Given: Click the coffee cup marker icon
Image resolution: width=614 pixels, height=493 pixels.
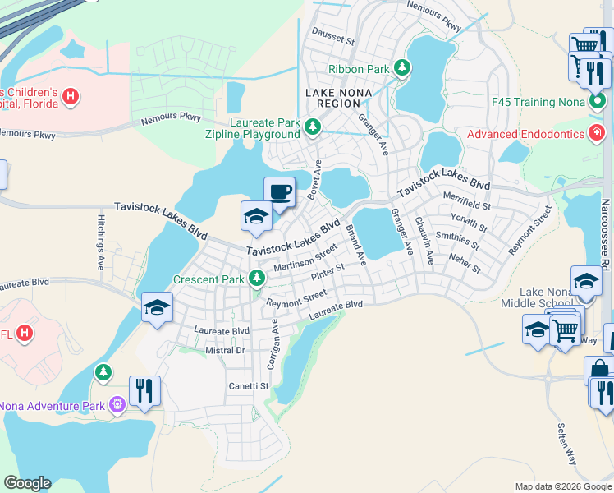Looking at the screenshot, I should pos(279,192).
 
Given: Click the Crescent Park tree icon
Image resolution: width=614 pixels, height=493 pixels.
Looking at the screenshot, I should pos(257,279).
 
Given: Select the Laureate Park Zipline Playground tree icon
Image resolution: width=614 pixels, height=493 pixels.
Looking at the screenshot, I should pos(312,127).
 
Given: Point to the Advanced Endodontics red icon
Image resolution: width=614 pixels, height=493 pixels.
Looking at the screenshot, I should pos(598,133).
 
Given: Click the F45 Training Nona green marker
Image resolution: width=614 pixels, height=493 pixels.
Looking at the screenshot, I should pos(598,101).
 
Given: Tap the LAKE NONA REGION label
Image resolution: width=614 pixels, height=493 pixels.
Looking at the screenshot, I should pos(342,93).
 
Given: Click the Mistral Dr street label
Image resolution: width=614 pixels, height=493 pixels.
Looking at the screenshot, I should pos(225,350).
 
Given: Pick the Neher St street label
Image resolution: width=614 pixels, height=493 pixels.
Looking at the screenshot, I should pos(465,264).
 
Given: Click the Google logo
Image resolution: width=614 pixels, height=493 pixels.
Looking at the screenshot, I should pos(27,483).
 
